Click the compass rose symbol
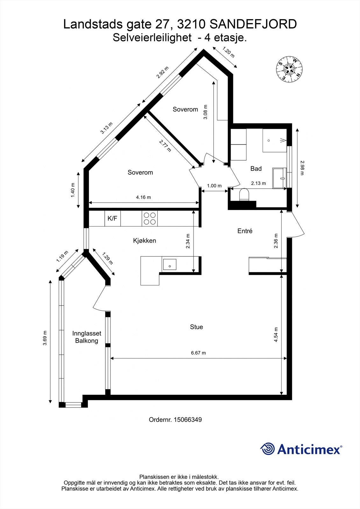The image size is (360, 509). [x=289, y=69]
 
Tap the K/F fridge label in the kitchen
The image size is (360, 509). [x=112, y=219]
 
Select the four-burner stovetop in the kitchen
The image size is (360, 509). [x=150, y=219]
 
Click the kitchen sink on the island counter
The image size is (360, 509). [x=169, y=264]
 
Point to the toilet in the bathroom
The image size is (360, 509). [x=244, y=194]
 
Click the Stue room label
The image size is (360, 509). [x=196, y=327]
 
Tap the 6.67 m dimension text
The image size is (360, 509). [x=198, y=353]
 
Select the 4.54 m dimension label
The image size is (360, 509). [x=276, y=335]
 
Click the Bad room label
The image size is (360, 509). [x=256, y=169]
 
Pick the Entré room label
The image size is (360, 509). [x=245, y=231]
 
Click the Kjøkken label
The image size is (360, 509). [x=145, y=241]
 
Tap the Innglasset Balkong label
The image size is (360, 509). [x=87, y=337]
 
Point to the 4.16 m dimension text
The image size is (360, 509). [x=143, y=197]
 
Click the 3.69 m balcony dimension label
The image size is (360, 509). [x=45, y=338]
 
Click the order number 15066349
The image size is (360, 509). [x=187, y=420]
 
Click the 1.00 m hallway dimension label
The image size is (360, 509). [x=214, y=186]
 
